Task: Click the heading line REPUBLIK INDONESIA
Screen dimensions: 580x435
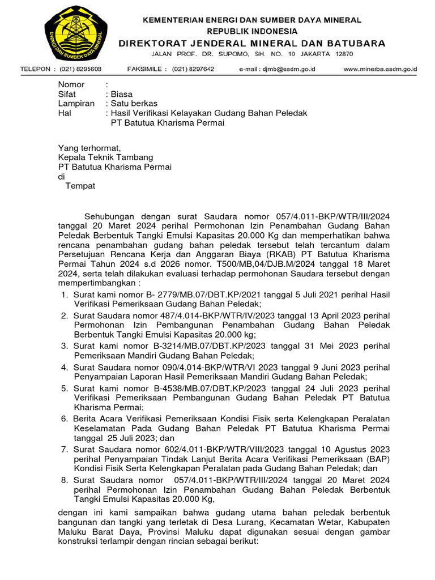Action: (252, 31)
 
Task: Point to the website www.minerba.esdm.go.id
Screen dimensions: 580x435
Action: (380, 69)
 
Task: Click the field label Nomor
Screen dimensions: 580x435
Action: (71, 84)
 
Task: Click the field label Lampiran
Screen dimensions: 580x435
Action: (76, 104)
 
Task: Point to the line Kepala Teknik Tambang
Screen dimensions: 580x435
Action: (105, 157)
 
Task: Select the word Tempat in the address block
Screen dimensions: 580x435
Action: (80, 186)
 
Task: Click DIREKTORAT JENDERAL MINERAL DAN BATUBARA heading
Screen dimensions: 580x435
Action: (252, 43)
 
